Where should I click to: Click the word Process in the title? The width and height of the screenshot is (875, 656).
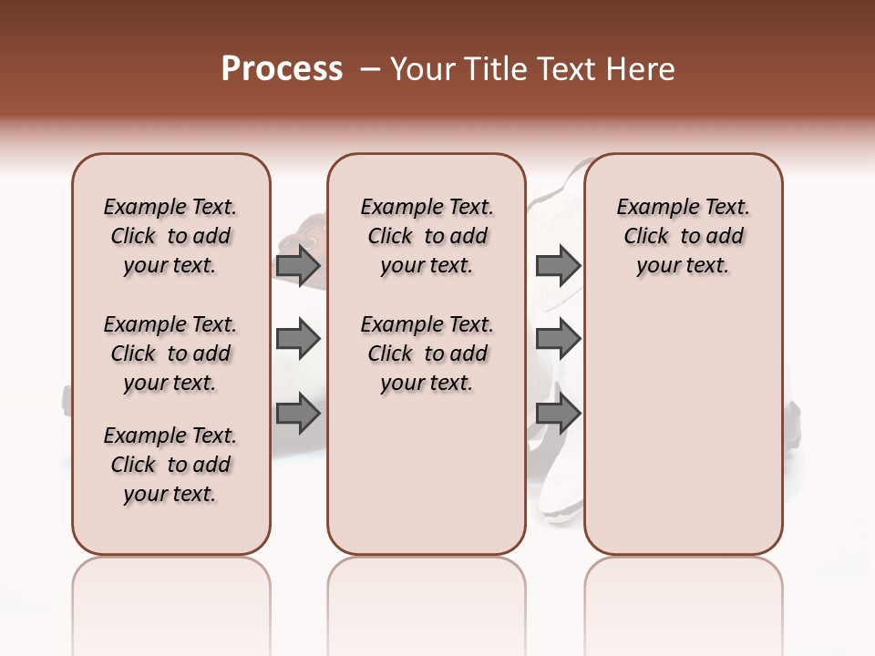[x=282, y=69]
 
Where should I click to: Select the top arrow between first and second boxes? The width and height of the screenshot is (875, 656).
[x=298, y=265]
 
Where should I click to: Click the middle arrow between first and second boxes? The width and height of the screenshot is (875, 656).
[x=298, y=340]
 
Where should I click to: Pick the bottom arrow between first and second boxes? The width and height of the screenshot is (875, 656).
[x=298, y=415]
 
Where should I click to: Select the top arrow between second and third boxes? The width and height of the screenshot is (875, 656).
[x=558, y=265]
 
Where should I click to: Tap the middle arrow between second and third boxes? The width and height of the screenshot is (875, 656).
[x=558, y=340]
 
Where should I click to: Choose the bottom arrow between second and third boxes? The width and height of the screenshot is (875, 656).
[x=558, y=415]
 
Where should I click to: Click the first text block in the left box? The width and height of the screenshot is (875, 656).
[x=170, y=236]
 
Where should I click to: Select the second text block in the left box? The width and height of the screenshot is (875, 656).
[x=170, y=354]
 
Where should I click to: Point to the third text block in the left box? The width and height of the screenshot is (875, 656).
[x=170, y=465]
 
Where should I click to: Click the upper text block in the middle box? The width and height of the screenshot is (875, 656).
[x=427, y=236]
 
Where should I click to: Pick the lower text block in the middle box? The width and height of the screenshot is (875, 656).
[x=427, y=354]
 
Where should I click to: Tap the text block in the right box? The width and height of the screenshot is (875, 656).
[x=684, y=236]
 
